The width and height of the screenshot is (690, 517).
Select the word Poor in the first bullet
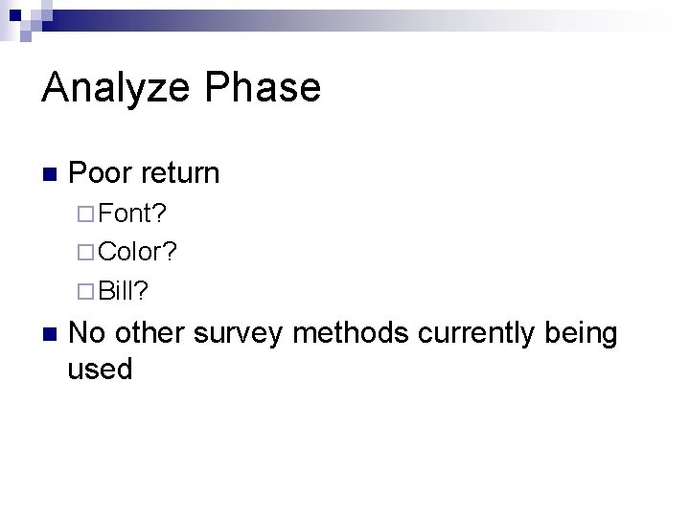tap(102, 173)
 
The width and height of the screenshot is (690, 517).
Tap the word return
tap(180, 174)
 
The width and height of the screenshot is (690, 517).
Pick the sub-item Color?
tap(137, 252)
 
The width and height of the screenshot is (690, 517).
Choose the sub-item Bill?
tap(124, 290)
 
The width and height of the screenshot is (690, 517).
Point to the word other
tap(150, 333)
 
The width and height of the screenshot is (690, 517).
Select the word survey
tap(240, 335)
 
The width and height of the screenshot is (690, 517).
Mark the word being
tap(581, 335)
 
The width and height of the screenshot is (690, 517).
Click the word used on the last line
tap(100, 369)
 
